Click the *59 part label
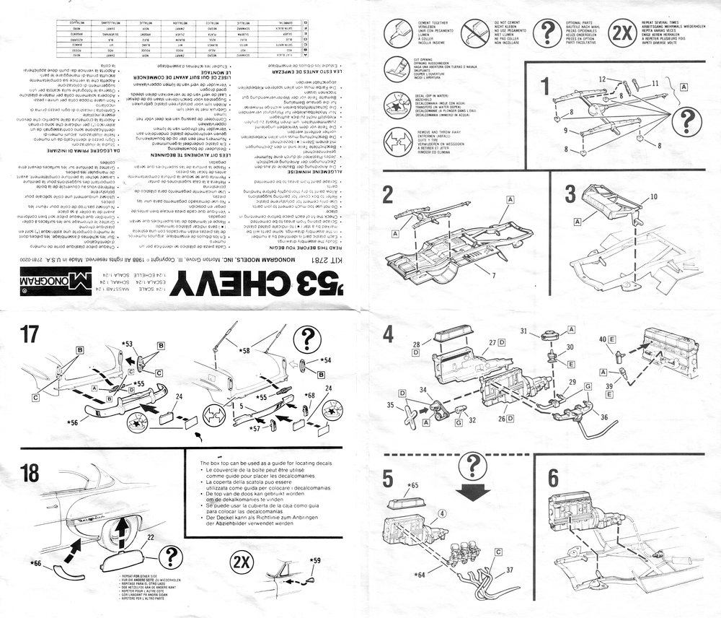(x=314, y=560)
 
